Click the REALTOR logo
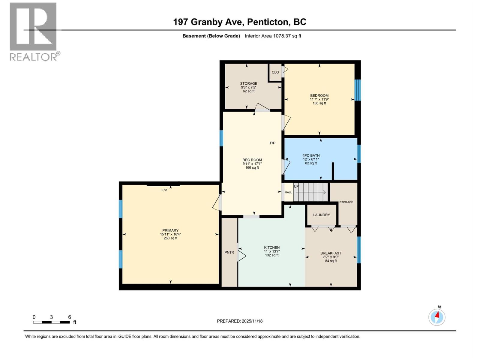(x=34, y=31)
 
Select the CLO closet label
(x=275, y=72)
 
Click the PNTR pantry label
(x=229, y=252)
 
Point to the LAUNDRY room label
(x=321, y=215)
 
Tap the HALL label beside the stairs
(x=288, y=192)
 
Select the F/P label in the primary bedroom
(x=164, y=190)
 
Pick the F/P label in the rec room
(x=272, y=143)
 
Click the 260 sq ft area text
(x=170, y=238)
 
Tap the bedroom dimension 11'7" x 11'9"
(x=319, y=99)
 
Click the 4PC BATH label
(x=311, y=155)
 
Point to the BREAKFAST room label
(x=331, y=253)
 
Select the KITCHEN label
(x=271, y=247)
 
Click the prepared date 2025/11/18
(x=252, y=321)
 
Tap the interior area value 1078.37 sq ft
(x=287, y=36)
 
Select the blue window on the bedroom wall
(x=358, y=90)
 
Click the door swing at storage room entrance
(x=262, y=107)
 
